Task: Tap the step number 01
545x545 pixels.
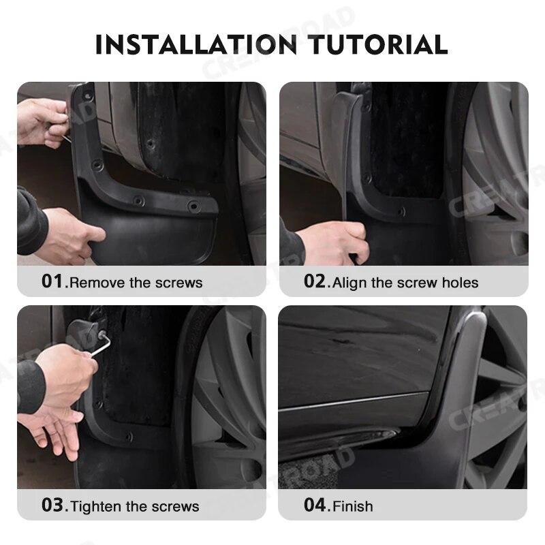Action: pos(52,281)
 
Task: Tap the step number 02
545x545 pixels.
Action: pos(315,281)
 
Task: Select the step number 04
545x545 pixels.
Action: pos(315,505)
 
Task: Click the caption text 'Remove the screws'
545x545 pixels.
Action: pos(136,283)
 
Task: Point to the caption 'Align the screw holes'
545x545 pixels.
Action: pos(405,283)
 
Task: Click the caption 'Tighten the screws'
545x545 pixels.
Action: pos(135,506)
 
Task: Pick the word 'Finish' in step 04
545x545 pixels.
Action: pos(352,506)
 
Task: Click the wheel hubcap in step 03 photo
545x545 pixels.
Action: pos(232,395)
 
